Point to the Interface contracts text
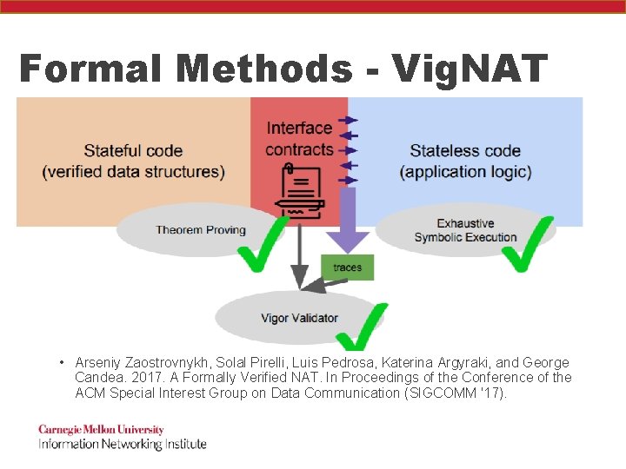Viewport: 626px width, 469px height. (x=299, y=139)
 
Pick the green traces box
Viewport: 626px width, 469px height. (x=347, y=268)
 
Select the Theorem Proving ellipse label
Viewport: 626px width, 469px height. (x=201, y=230)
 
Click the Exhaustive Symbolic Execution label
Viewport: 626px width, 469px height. (x=465, y=230)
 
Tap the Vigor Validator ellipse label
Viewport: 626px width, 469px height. (x=299, y=318)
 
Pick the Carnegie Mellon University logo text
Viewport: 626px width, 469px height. (x=101, y=430)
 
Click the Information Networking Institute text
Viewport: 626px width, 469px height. (x=122, y=444)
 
